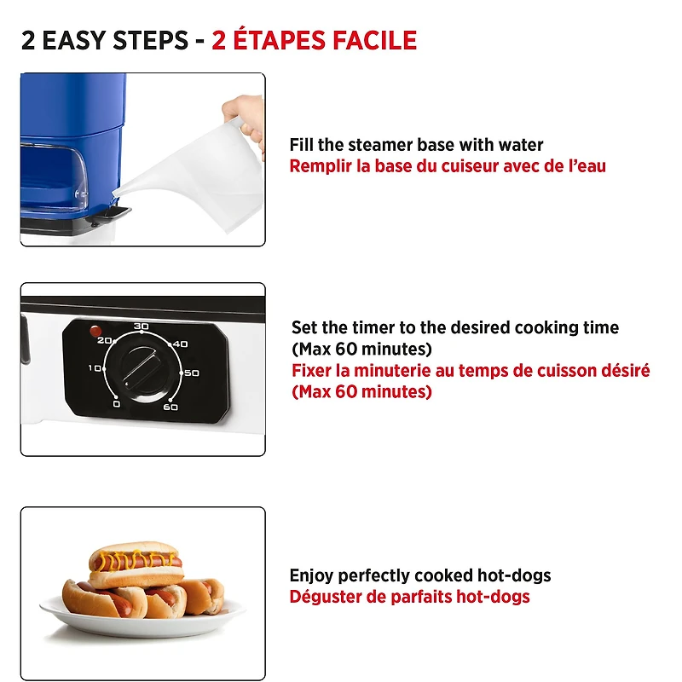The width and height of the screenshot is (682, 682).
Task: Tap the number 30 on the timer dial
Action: click(x=142, y=327)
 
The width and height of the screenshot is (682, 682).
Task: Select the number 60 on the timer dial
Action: click(x=170, y=407)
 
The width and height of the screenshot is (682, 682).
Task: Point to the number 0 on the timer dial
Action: click(x=116, y=404)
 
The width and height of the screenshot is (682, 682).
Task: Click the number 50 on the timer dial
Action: click(x=191, y=373)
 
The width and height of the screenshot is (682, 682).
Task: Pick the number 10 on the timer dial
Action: click(x=95, y=368)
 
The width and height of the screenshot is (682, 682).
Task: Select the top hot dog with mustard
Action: click(x=135, y=563)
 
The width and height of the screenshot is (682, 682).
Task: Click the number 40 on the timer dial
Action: click(x=180, y=344)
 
